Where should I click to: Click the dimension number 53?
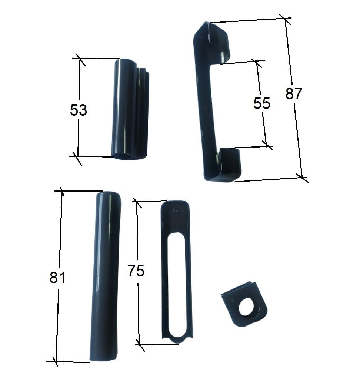pyautogui.click(x=79, y=110)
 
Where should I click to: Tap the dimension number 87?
pyautogui.click(x=294, y=93)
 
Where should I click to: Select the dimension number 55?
pyautogui.click(x=262, y=103)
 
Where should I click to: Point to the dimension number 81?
pyautogui.click(x=57, y=278)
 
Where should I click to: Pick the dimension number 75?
pyautogui.click(x=136, y=271)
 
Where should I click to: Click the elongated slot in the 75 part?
pyautogui.click(x=177, y=285)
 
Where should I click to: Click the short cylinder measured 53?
pyautogui.click(x=130, y=109)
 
